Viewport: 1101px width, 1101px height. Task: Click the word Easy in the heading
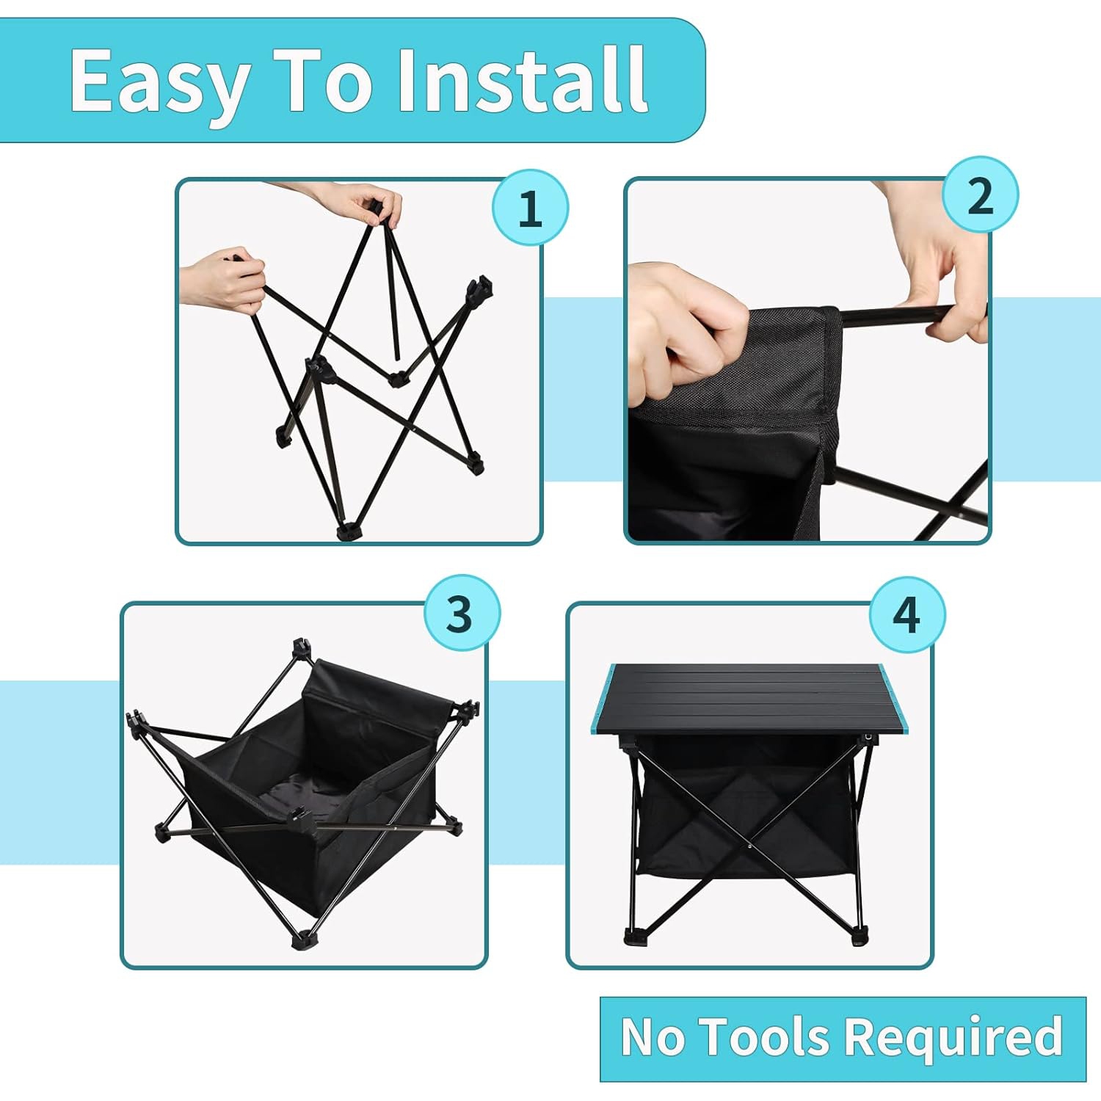(159, 82)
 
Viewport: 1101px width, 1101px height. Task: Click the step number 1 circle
(530, 208)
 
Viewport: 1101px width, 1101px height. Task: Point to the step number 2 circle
(980, 195)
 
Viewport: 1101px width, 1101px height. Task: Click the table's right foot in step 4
(860, 937)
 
